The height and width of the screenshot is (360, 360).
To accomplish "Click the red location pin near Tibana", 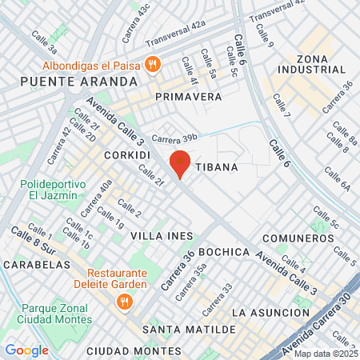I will [180, 163].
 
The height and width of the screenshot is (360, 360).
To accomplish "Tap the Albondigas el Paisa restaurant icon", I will [154, 63].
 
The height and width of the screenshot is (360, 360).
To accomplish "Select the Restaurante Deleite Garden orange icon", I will [124, 301].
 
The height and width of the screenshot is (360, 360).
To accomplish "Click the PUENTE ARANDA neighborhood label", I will [70, 81].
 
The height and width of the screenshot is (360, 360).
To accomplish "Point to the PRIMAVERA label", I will [189, 96].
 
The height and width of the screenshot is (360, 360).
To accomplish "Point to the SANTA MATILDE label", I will [189, 329].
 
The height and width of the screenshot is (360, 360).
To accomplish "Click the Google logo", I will [26, 350].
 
